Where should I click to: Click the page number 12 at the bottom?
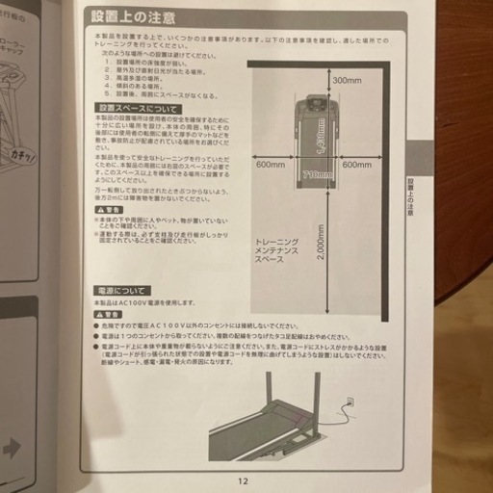pos(244,481)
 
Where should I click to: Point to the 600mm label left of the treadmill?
pos(272,165)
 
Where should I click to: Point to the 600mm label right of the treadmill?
pos(363,165)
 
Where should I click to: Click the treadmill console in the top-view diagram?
pos(314,103)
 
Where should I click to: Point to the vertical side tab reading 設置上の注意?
pos(411,193)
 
